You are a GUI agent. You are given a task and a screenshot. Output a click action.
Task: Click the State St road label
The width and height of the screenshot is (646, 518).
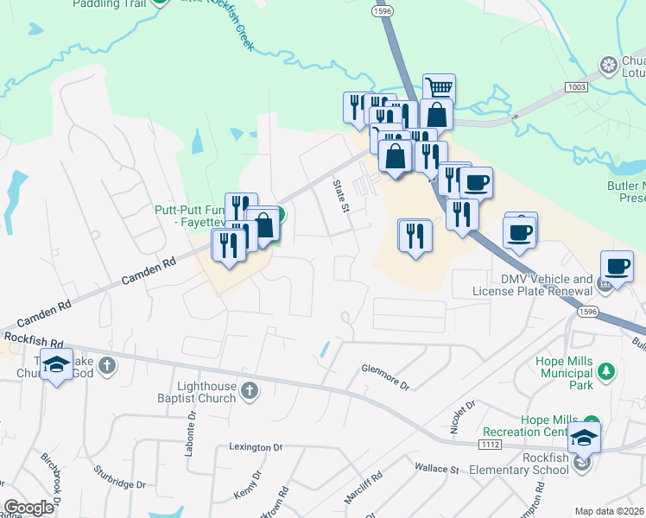pos(342,196)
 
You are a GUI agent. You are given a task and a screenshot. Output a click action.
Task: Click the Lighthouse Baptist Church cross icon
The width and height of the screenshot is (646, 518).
pos(249,391)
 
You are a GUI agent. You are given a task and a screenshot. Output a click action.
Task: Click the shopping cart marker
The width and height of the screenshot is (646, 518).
pos(439,87)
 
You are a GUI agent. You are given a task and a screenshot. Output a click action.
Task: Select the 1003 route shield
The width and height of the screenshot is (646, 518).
pos(578,88)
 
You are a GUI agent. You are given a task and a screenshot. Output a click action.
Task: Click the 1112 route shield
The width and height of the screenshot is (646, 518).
pos(491,444)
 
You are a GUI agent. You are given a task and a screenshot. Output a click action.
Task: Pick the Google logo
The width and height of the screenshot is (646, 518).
pos(28,507)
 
